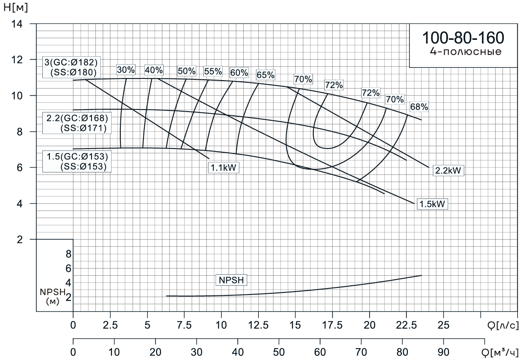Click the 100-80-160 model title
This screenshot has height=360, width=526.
462,38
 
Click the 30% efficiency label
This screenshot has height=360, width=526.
126,70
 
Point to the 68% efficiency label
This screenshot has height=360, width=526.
419,107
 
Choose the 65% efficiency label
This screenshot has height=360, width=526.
266,76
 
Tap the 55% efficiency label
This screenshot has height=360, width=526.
213,71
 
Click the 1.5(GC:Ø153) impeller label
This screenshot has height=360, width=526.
78,157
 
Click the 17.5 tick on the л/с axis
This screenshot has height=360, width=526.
332,326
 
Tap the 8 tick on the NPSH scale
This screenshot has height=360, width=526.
68,254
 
